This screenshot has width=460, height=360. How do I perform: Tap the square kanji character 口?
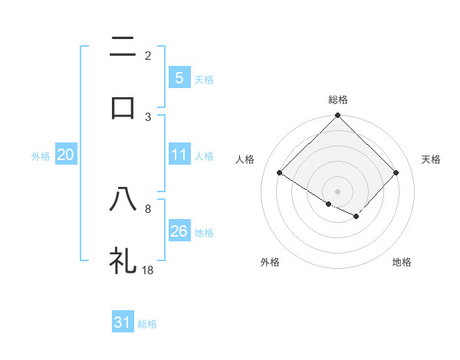pyautogui.click(x=123, y=107)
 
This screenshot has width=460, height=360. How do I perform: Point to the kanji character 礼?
pyautogui.click(x=123, y=260)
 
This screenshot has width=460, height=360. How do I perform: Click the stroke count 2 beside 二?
pyautogui.click(x=148, y=56)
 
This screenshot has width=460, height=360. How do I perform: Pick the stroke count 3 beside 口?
pyautogui.click(x=148, y=116)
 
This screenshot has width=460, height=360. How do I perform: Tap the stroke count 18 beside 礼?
pyautogui.click(x=149, y=270)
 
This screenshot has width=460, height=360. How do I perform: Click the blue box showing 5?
pyautogui.click(x=179, y=77)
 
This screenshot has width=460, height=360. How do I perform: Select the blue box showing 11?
pyautogui.click(x=179, y=155)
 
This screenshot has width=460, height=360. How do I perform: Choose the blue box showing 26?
pyautogui.click(x=179, y=231)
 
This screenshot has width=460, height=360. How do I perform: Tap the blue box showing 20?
pyautogui.click(x=66, y=155)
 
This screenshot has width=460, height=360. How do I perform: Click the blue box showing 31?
pyautogui.click(x=123, y=322)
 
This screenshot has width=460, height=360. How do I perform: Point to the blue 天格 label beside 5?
pyautogui.click(x=203, y=79)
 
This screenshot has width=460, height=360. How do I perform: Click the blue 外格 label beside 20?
pyautogui.click(x=41, y=155)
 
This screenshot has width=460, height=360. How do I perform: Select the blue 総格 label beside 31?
pyautogui.click(x=147, y=324)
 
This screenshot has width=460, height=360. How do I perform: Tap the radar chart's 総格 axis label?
pyautogui.click(x=338, y=100)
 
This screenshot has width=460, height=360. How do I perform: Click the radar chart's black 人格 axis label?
pyautogui.click(x=245, y=159)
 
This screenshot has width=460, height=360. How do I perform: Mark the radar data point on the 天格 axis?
pyautogui.click(x=396, y=172)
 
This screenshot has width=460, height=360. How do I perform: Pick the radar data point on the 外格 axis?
pyautogui.click(x=329, y=204)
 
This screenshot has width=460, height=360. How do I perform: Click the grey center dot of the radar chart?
pyautogui.click(x=338, y=191)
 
